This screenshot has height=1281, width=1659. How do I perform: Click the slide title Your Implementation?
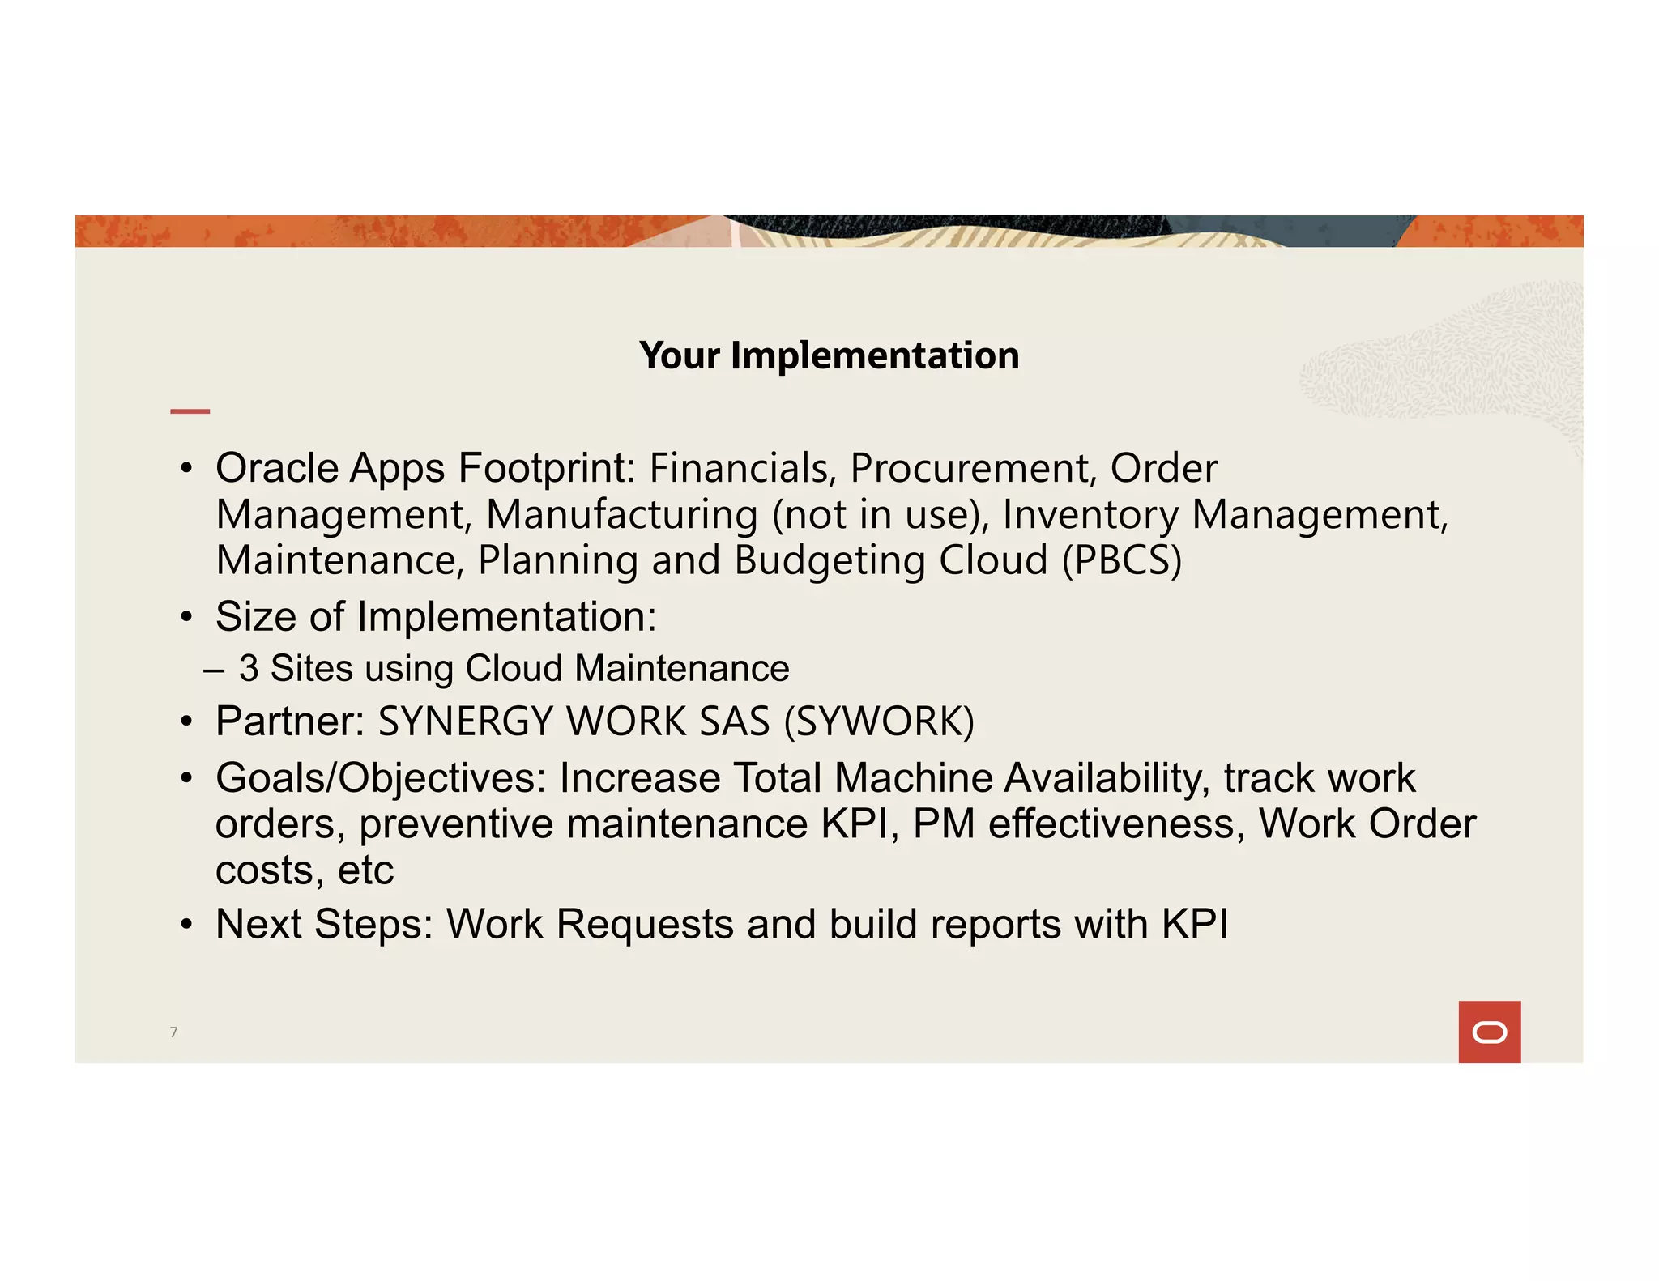829,355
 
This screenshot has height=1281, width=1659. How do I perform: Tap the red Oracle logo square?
1489,1032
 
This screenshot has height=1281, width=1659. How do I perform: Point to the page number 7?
173,1032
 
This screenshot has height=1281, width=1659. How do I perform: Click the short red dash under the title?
190,411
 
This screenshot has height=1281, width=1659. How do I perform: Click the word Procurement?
973,468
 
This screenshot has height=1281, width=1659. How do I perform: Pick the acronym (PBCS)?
1122,560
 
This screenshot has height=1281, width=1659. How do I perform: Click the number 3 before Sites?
249,669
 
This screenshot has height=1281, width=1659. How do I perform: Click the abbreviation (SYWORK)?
879,721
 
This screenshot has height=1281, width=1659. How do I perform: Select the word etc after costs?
365,870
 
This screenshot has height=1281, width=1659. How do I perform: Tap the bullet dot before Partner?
186,721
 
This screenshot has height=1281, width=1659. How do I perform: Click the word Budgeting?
829,560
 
